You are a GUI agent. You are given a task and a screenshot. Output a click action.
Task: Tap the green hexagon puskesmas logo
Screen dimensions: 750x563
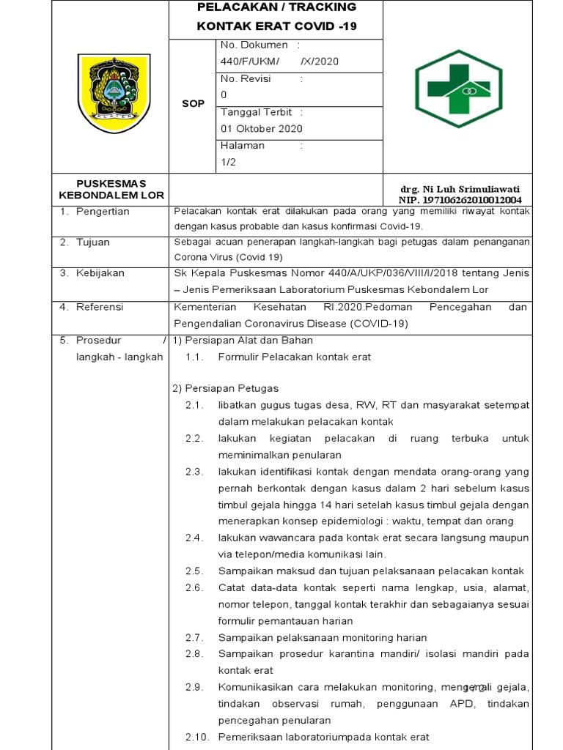[x=458, y=88]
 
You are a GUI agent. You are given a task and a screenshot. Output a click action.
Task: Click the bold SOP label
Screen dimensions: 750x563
[x=193, y=104]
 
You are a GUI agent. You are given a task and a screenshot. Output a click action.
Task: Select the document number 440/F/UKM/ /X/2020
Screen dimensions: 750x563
[x=279, y=62]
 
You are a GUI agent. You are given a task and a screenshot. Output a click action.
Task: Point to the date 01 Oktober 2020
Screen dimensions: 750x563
[x=262, y=128]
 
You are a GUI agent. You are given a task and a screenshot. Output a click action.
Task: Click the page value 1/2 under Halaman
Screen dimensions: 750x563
[x=229, y=162]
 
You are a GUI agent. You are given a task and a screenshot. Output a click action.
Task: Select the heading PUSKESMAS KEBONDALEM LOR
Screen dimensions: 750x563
[x=112, y=189]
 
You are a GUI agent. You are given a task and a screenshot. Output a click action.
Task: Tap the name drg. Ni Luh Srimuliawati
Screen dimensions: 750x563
[x=459, y=189]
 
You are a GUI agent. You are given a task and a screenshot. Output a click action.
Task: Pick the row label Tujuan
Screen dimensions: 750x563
[x=93, y=242]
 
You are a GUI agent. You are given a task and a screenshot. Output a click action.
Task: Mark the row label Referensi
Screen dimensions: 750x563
[x=100, y=307]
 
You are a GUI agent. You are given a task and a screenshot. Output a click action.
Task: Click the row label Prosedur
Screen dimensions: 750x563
[x=99, y=341]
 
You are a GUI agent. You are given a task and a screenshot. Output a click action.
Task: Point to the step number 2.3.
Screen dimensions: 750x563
[x=194, y=472]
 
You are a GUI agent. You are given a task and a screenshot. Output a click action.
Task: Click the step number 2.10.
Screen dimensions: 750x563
[x=196, y=737]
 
